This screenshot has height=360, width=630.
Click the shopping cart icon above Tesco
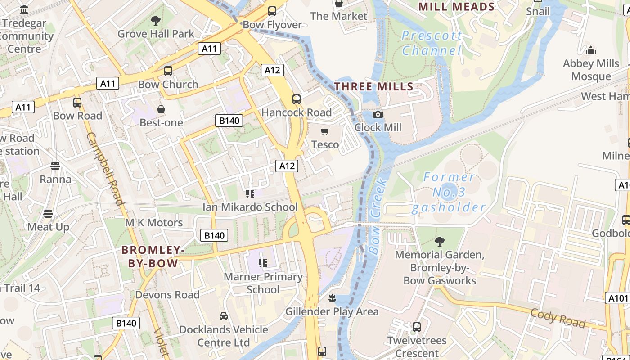pyautogui.click(x=324, y=131)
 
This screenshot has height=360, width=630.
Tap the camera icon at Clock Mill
pyautogui.click(x=378, y=115)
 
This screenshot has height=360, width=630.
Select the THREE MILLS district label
pyautogui.click(x=374, y=87)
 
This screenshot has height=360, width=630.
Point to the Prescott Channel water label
pyautogui.click(x=432, y=43)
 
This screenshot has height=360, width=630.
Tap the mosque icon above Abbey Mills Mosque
pyautogui.click(x=591, y=50)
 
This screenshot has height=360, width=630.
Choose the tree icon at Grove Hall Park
pyautogui.click(x=156, y=20)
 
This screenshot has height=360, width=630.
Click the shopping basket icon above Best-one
pyautogui.click(x=161, y=109)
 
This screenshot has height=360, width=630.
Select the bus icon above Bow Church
pyautogui.click(x=168, y=71)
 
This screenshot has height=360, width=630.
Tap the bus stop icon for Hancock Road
pyautogui.click(x=296, y=99)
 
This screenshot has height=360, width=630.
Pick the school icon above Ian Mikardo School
pyautogui.click(x=250, y=194)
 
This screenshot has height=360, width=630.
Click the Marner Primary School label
pyautogui.click(x=263, y=283)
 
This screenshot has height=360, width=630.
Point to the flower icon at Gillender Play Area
pyautogui.click(x=332, y=298)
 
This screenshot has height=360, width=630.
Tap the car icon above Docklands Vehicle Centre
pyautogui.click(x=223, y=316)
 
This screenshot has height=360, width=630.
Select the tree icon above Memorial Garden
pyautogui.click(x=439, y=242)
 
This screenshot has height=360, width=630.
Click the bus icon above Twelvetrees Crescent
pyautogui.click(x=417, y=327)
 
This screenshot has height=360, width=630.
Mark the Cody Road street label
pyautogui.click(x=558, y=318)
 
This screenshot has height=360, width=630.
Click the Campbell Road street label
pyautogui.click(x=105, y=168)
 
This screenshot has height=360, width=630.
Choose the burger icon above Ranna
pyautogui.click(x=55, y=166)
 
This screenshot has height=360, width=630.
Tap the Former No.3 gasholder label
pyautogui.click(x=449, y=193)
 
